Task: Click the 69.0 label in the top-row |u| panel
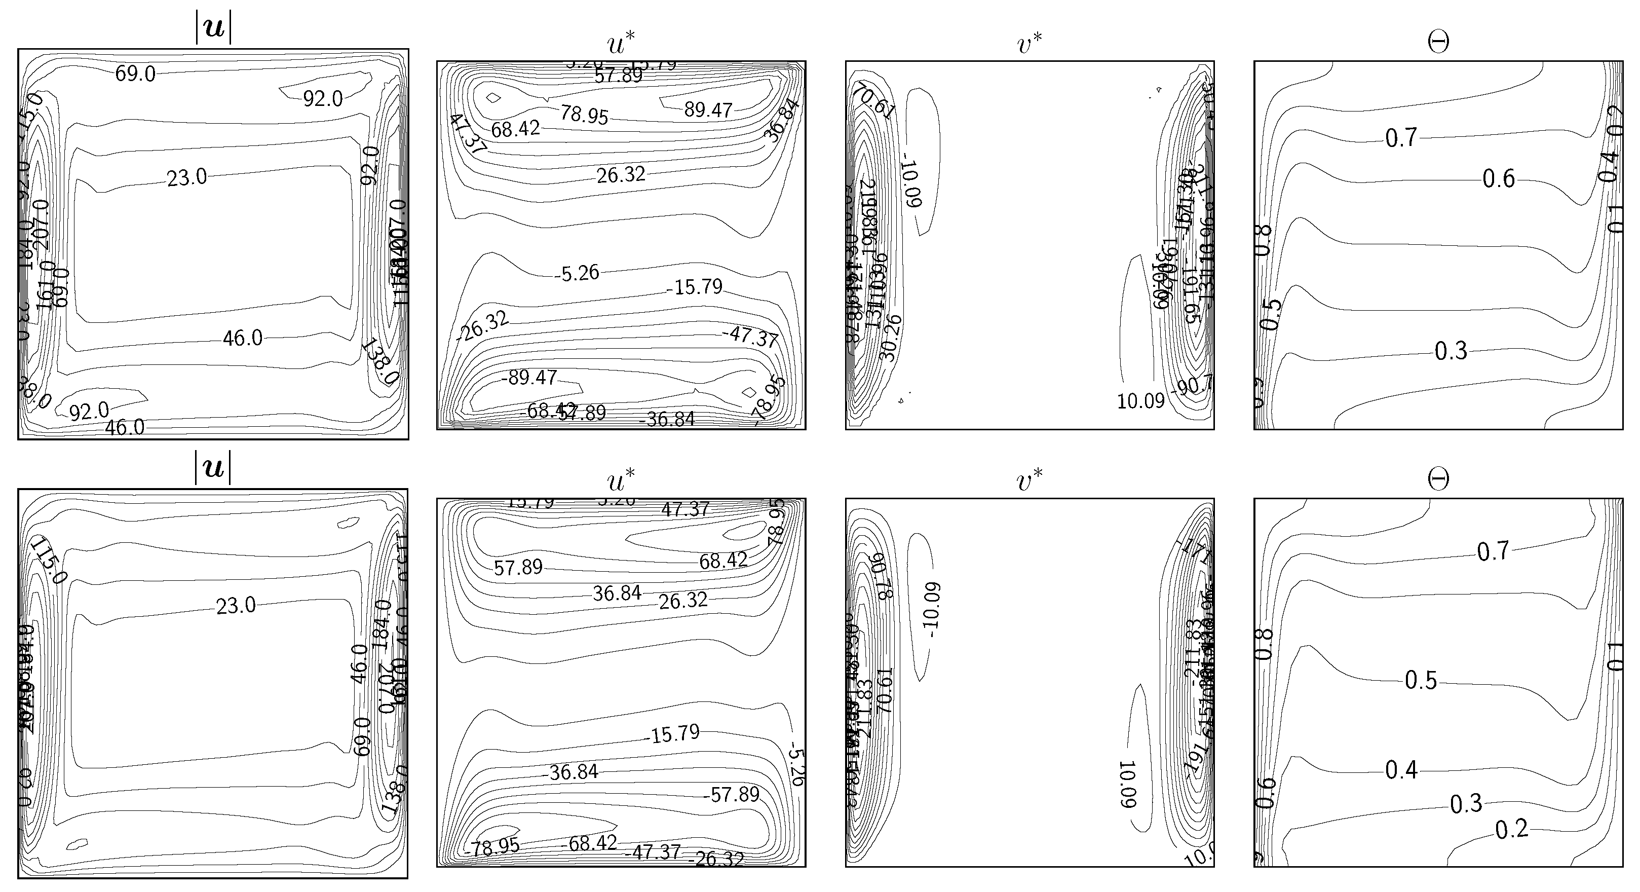(x=135, y=74)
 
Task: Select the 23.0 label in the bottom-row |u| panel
(x=236, y=606)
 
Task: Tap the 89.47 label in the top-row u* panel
(x=708, y=109)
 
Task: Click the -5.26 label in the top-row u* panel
(x=576, y=273)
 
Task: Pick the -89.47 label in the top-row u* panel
(x=529, y=378)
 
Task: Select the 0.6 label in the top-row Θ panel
(x=1499, y=179)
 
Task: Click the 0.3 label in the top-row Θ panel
(x=1451, y=351)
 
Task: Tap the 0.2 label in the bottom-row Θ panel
(x=1511, y=829)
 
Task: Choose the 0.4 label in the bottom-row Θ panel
(x=1402, y=770)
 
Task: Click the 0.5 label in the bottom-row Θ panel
(x=1421, y=681)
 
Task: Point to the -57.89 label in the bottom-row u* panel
(x=732, y=794)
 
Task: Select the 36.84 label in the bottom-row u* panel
(x=617, y=593)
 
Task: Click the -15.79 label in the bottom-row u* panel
(x=675, y=734)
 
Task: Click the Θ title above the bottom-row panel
(x=1438, y=479)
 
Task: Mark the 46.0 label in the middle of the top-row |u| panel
(x=242, y=338)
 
